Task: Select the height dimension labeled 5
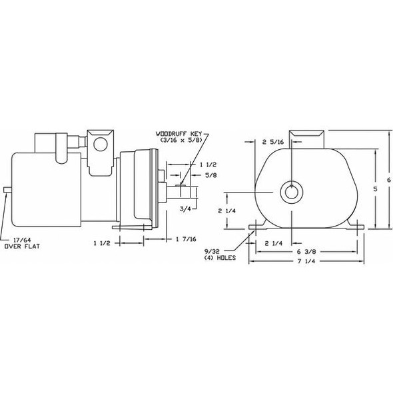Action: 377,189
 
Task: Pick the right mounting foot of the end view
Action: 358,228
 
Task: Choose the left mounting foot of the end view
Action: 256,228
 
